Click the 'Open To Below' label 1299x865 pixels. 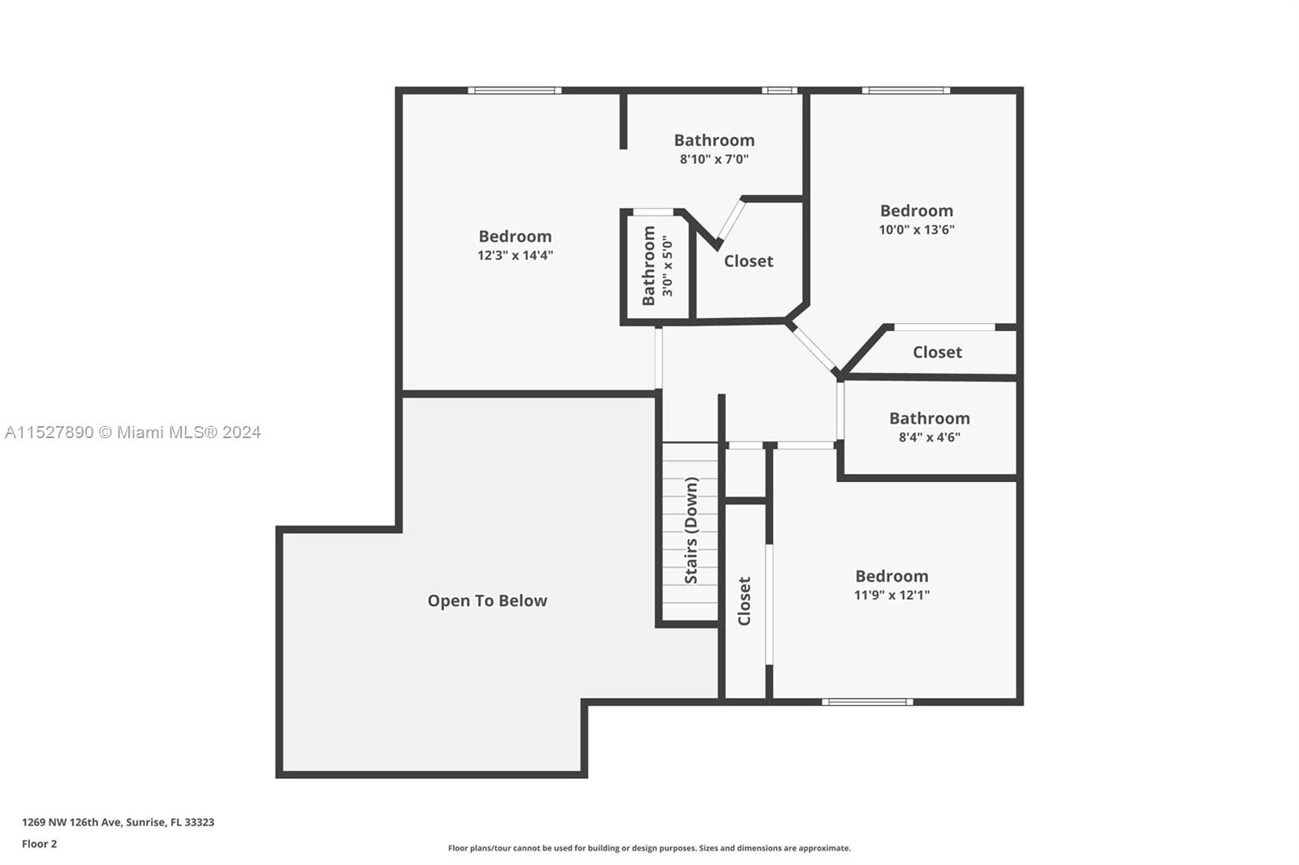(x=487, y=600)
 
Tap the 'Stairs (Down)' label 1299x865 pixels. (x=691, y=530)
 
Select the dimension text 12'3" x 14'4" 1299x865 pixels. (x=515, y=255)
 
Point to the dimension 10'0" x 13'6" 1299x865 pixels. (x=917, y=230)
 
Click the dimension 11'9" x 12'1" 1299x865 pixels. (x=892, y=595)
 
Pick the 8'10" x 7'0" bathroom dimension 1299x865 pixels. (x=714, y=159)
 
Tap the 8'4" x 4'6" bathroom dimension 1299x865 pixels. (x=930, y=437)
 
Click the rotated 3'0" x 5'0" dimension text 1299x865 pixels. (x=667, y=265)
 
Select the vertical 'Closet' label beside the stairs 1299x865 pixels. (x=744, y=600)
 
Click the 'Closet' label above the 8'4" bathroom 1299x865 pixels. (x=937, y=352)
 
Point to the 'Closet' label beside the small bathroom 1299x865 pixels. (x=748, y=261)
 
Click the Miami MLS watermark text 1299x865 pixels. (x=133, y=432)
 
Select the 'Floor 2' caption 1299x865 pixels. (x=40, y=844)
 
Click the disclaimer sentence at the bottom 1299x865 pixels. (x=649, y=848)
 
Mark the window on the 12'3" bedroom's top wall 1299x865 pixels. (x=515, y=90)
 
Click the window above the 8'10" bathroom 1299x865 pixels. (x=779, y=90)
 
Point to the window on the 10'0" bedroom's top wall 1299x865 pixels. (x=906, y=90)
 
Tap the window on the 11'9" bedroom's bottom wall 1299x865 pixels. (x=868, y=702)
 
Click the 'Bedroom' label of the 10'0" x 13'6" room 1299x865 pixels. (x=917, y=210)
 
